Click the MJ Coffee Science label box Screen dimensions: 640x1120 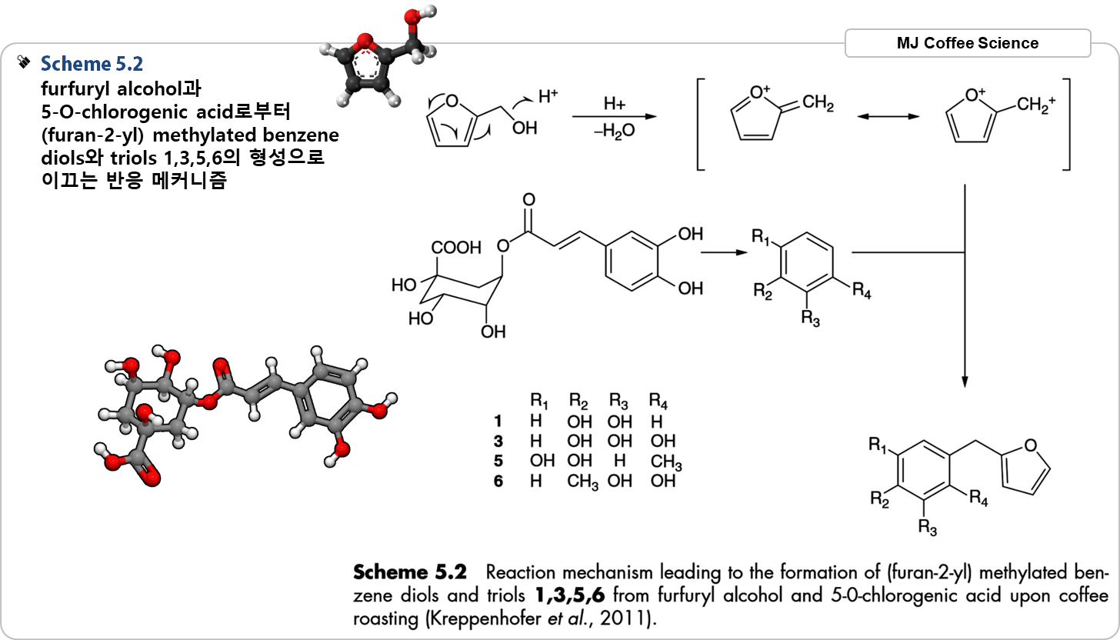click(967, 43)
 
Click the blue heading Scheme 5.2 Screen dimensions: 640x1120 click(92, 63)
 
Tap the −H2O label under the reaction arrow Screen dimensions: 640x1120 click(614, 131)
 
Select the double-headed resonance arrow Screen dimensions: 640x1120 click(888, 117)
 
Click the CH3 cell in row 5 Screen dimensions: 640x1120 click(665, 465)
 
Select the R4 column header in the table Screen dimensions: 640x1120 click(659, 401)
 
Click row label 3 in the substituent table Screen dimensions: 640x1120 click(498, 442)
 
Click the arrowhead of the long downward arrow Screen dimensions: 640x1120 click(964, 382)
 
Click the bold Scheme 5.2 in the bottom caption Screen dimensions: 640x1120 click(410, 573)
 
